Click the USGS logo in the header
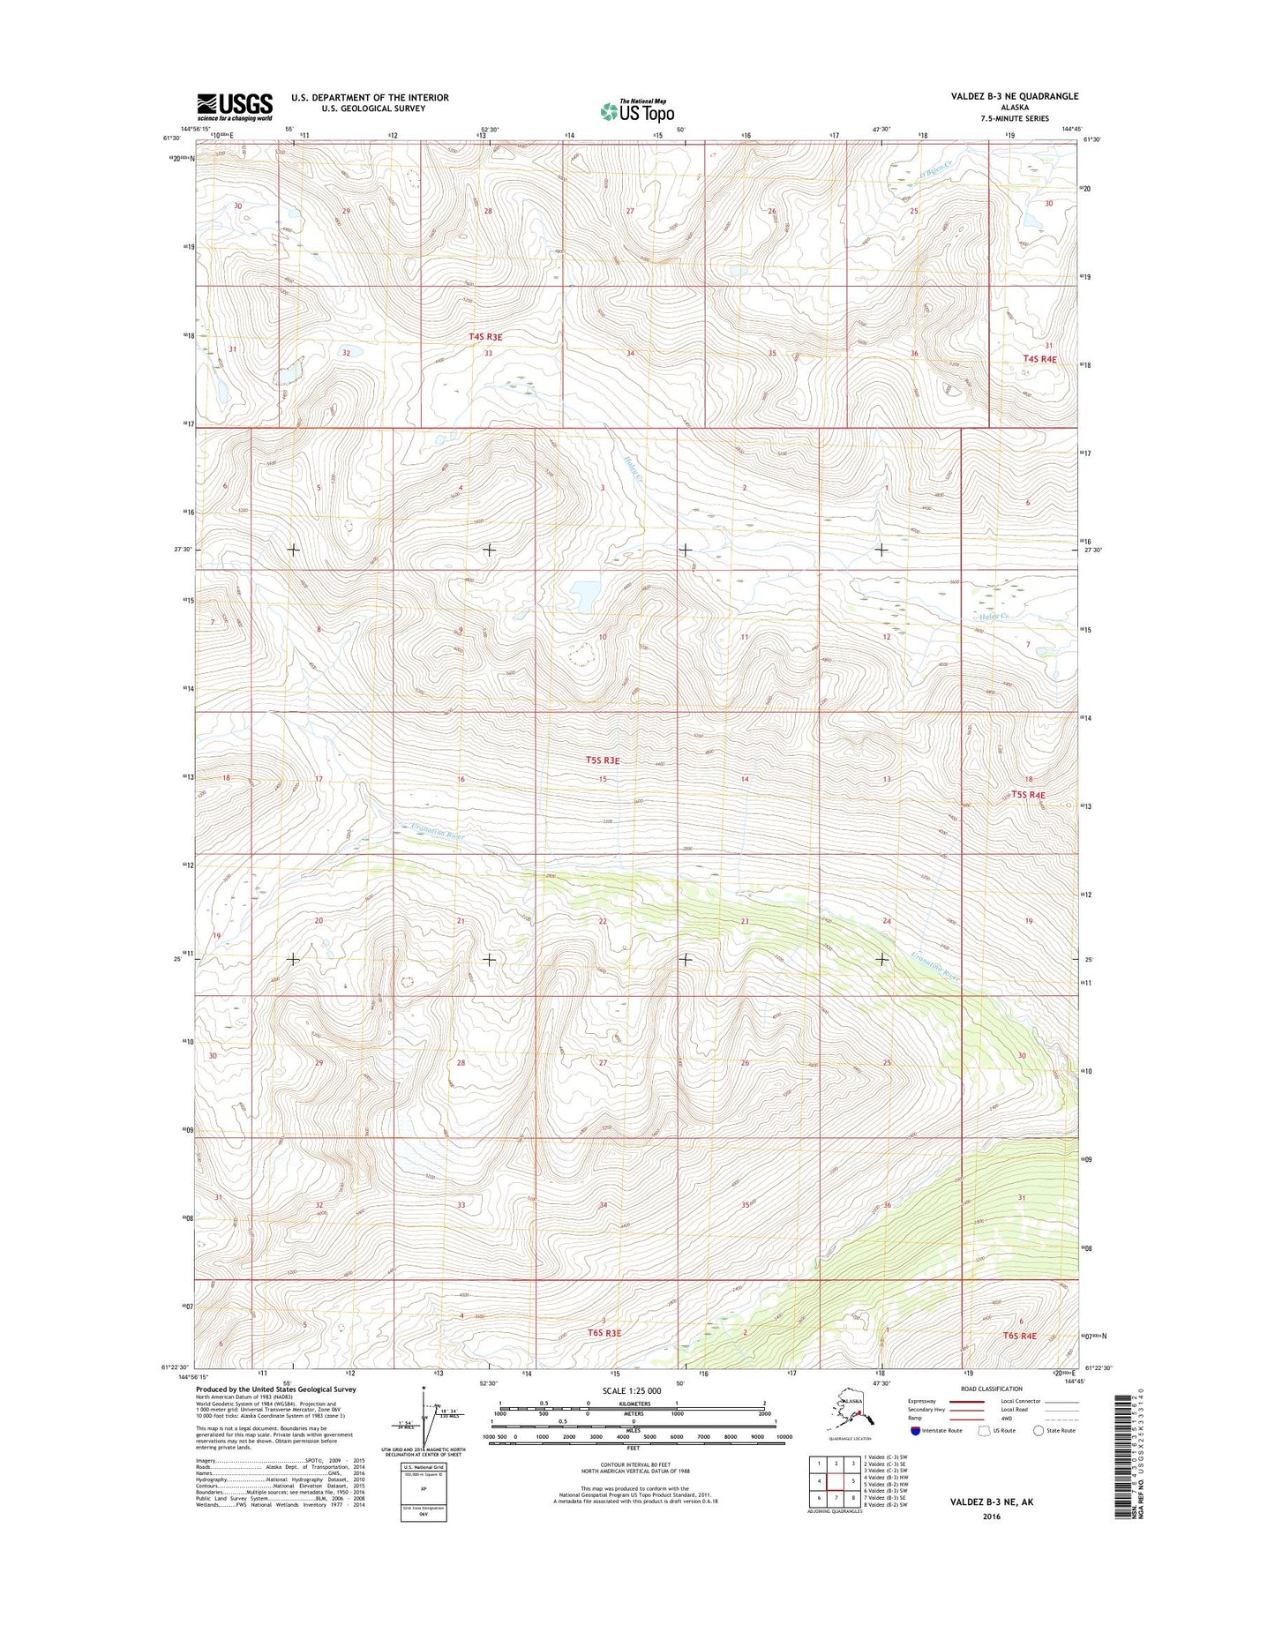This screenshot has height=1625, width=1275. (x=235, y=107)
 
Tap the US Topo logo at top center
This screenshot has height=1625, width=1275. (x=637, y=110)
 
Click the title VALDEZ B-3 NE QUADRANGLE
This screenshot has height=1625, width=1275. (x=1015, y=96)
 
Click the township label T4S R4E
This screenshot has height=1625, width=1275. (x=1039, y=359)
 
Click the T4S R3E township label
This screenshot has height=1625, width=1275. (x=485, y=337)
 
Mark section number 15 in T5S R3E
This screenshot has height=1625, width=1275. (x=604, y=779)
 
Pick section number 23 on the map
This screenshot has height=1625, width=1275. (x=745, y=921)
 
